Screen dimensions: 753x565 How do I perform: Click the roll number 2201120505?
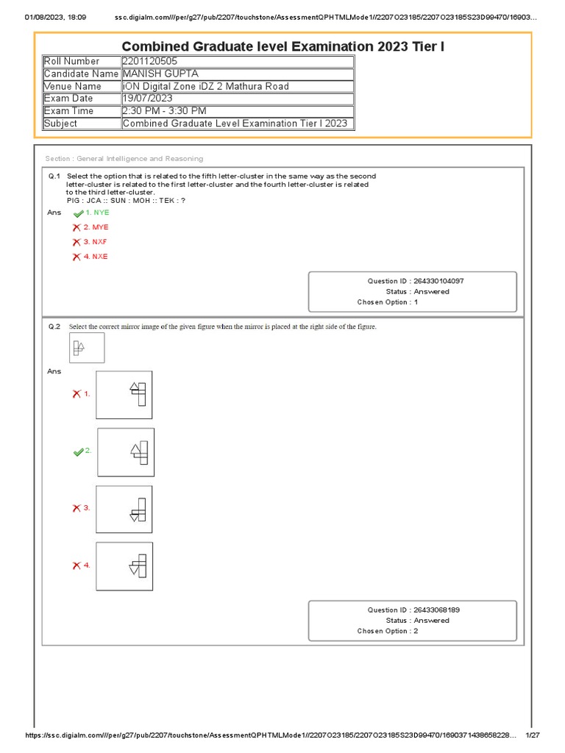coord(150,61)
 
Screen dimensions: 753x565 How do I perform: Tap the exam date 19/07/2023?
coord(147,99)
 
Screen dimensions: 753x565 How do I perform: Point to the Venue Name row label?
coord(73,86)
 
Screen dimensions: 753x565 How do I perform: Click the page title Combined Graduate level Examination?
coord(282,47)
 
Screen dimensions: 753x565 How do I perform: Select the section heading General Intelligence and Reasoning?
coord(124,158)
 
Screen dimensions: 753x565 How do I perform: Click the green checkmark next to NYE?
coord(78,213)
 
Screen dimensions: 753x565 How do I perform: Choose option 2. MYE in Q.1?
coord(96,227)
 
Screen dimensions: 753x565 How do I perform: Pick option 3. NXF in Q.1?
coord(96,242)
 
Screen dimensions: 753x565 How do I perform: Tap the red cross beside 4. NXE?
coord(77,257)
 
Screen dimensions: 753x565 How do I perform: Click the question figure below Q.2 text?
coord(87,348)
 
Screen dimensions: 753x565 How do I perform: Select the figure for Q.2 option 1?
coord(124,395)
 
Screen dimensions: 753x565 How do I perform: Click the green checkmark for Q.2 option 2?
coord(78,452)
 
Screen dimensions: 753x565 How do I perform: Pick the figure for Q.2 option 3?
coord(124,509)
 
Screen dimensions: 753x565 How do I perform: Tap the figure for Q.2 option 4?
coord(124,566)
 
